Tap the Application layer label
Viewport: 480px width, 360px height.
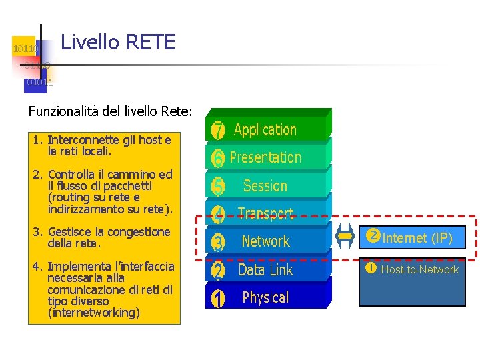[265, 129]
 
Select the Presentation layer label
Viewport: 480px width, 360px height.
[265, 158]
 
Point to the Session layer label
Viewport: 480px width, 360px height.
[265, 186]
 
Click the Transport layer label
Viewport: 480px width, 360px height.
[265, 213]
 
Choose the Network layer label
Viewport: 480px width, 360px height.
[265, 241]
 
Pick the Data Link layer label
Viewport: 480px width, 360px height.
[265, 270]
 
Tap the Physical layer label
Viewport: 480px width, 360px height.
[265, 297]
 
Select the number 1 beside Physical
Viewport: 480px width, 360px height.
[218, 299]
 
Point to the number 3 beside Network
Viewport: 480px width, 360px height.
[218, 242]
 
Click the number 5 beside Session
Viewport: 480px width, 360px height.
[218, 187]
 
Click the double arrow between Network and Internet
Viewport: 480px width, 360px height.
[345, 236]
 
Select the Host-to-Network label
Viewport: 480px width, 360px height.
[419, 269]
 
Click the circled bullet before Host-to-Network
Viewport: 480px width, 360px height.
[371, 269]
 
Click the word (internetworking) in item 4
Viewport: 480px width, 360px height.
[94, 313]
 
